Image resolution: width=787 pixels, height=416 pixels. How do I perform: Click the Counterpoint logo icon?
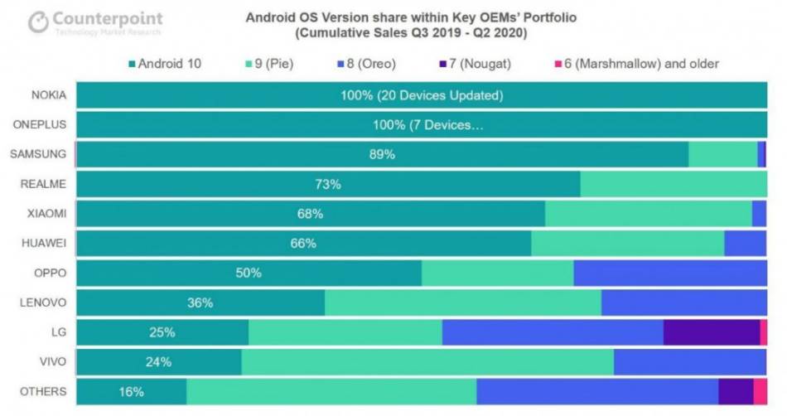tap(37, 22)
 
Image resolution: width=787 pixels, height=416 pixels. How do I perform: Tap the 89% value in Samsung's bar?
tap(382, 155)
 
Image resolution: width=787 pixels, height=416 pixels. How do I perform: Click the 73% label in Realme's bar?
tap(328, 184)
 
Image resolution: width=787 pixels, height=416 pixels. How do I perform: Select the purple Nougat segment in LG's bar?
tap(711, 332)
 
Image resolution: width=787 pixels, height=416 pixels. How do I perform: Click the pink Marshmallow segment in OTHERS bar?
tap(760, 391)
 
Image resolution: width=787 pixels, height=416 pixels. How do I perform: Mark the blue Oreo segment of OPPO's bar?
tap(669, 273)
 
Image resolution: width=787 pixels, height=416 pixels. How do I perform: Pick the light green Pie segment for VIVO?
tap(427, 361)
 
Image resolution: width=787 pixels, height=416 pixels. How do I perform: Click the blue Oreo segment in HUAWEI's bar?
tap(745, 244)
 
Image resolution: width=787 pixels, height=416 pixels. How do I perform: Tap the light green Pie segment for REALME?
tap(673, 184)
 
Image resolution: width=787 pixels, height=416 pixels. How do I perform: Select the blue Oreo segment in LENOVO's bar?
tap(683, 302)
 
